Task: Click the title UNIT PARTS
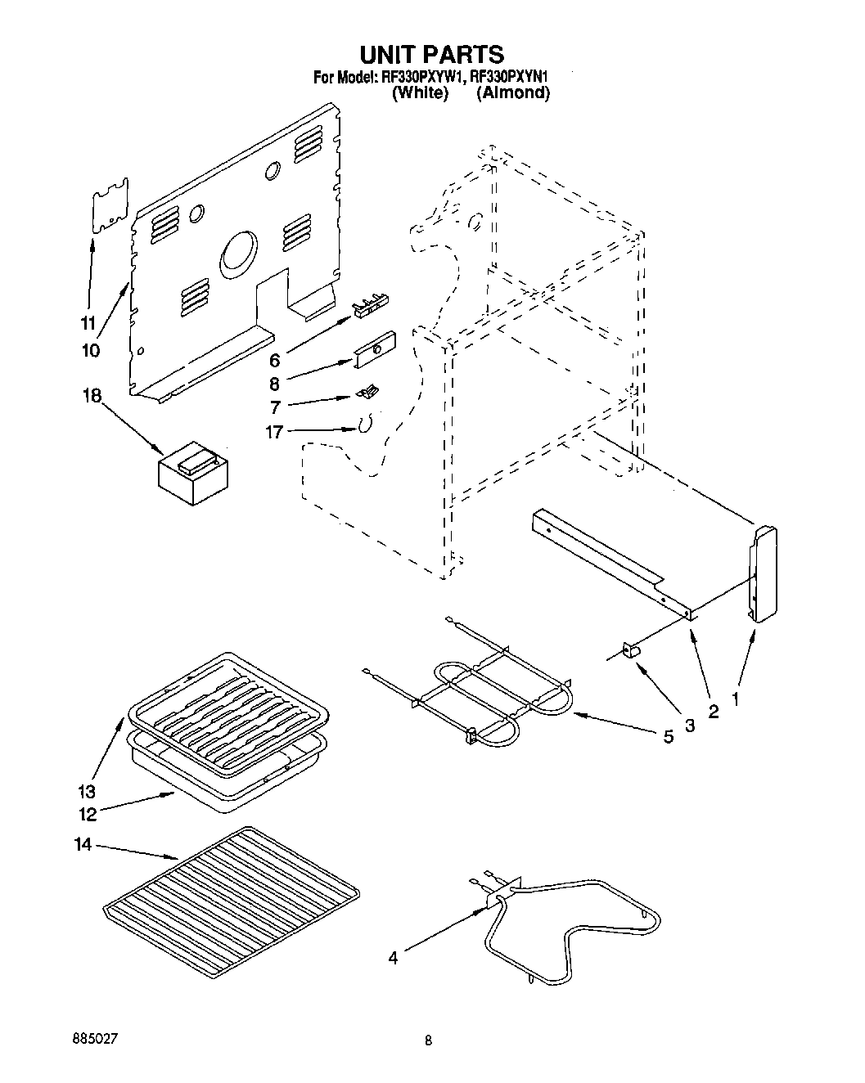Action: [432, 54]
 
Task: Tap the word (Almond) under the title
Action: [513, 93]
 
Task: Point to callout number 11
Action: [88, 321]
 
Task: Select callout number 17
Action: [274, 432]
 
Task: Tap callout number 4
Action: [393, 958]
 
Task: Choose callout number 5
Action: [668, 737]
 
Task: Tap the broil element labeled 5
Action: [491, 691]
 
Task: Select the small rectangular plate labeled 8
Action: [375, 349]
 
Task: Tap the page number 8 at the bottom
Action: [427, 1042]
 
